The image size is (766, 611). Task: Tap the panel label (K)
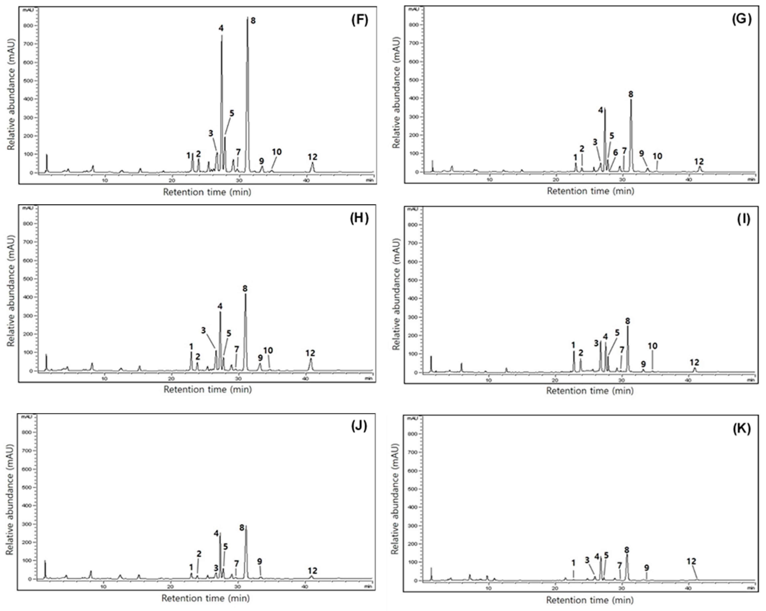[x=742, y=429]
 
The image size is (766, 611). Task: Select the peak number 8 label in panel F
[x=253, y=21]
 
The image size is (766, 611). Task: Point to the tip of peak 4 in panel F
[x=222, y=35]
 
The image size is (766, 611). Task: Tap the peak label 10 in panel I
[x=652, y=346]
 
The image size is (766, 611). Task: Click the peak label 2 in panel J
[x=199, y=554]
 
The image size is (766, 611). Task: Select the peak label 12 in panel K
[x=691, y=561]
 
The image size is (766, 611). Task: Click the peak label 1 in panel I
[x=573, y=345]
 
